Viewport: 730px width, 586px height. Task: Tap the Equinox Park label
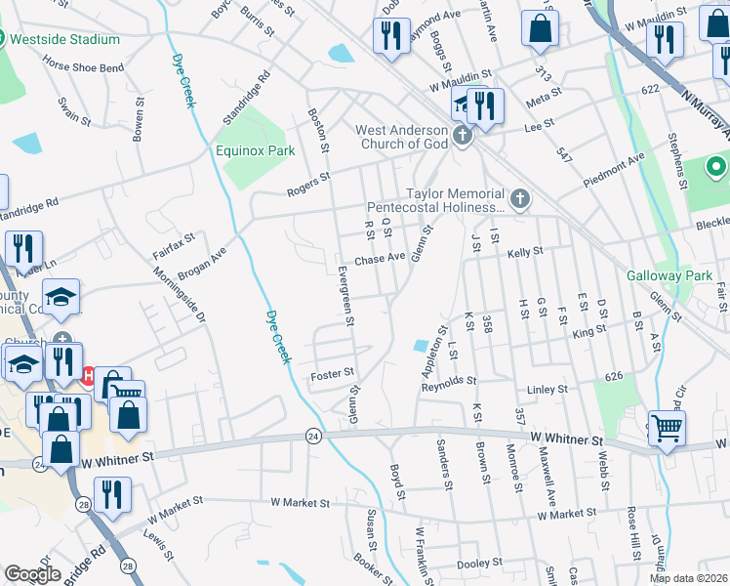click(x=255, y=151)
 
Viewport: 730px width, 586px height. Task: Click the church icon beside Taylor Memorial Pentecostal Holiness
click(x=520, y=200)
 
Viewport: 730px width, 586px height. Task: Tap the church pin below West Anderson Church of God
click(x=463, y=138)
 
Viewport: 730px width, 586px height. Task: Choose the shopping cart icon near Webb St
click(x=667, y=427)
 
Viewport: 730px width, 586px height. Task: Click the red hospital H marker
click(x=88, y=375)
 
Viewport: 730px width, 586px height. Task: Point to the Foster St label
click(x=331, y=373)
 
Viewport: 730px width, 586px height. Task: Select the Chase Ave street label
click(x=380, y=259)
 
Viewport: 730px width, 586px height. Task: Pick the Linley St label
click(x=547, y=389)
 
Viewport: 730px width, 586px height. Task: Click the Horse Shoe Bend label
click(x=83, y=68)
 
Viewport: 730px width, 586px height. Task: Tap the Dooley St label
click(x=479, y=563)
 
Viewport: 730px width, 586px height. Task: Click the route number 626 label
click(x=613, y=376)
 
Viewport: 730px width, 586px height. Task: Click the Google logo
click(x=32, y=574)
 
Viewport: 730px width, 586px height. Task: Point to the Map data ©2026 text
click(x=688, y=578)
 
